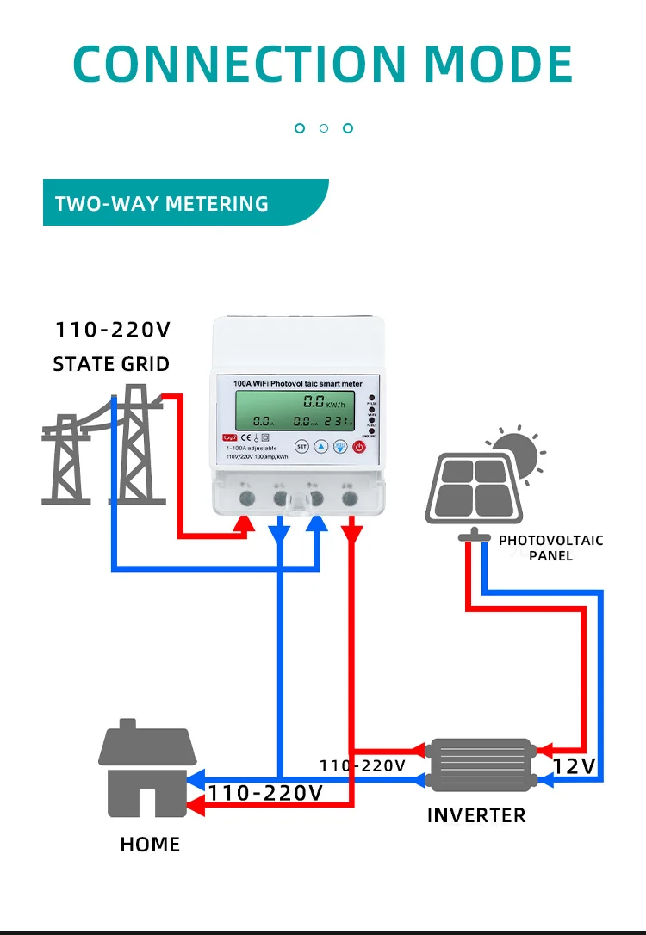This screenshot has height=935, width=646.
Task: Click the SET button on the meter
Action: (301, 446)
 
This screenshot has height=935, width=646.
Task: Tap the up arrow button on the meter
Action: (320, 446)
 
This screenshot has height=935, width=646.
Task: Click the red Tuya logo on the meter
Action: (229, 437)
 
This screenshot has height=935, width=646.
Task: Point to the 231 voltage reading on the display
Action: (341, 422)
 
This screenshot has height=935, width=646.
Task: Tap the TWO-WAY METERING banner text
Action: (162, 204)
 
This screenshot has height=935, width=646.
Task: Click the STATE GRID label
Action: (111, 364)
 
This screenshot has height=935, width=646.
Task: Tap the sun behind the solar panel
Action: (517, 451)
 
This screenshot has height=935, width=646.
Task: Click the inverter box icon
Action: (481, 764)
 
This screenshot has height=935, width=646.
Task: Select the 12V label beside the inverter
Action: (574, 765)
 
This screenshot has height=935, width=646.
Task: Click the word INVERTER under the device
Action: (476, 814)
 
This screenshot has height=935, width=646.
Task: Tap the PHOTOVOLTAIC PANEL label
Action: (551, 548)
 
